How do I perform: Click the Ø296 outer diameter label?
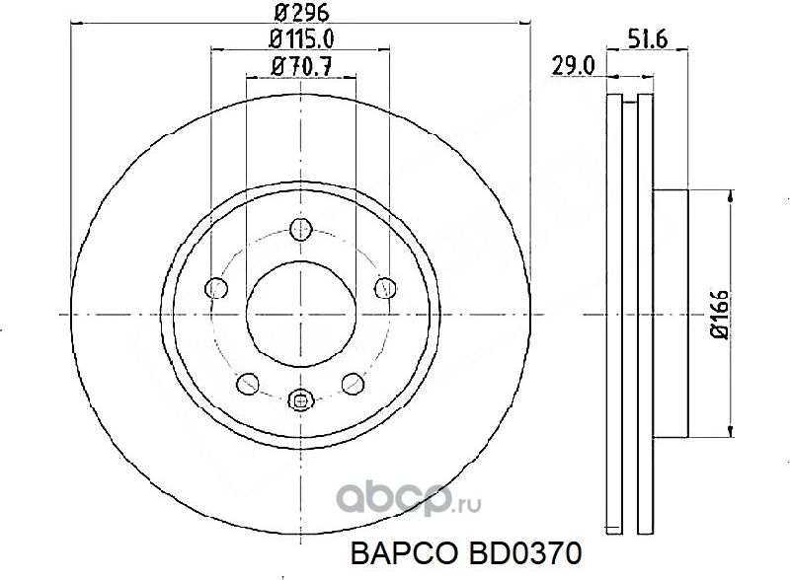coord(300,13)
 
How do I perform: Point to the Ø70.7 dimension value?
coord(300,66)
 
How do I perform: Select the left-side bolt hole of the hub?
coord(216,288)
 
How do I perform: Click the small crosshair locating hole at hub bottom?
coord(301,399)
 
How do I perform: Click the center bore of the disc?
coord(301,314)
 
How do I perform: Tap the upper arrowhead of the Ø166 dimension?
coord(730,198)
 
